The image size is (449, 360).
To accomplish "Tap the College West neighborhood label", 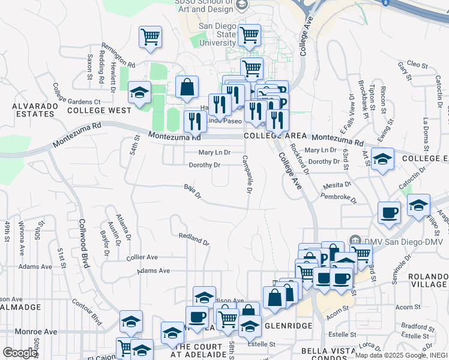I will point(99,110).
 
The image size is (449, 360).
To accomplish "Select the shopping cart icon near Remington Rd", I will point(149,37).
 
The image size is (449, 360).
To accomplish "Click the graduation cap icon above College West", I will point(139,93).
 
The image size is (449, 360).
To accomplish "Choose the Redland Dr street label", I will point(193,239).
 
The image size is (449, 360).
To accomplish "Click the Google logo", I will point(19,352).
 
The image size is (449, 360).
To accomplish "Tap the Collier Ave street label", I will point(142,257).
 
